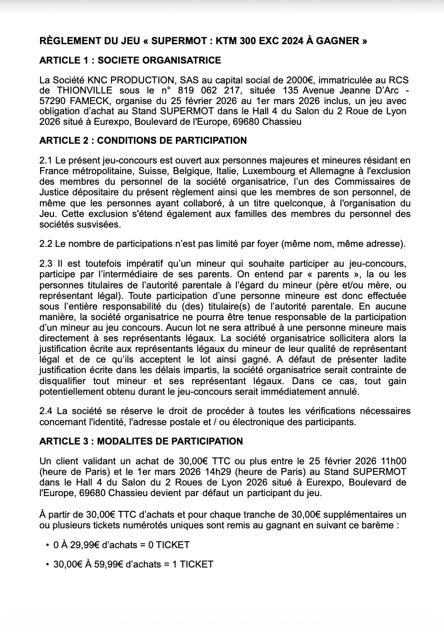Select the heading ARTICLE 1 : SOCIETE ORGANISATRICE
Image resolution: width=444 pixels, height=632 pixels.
tap(130, 60)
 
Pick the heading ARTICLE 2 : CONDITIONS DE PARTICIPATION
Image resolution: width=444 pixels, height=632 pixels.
tap(143, 140)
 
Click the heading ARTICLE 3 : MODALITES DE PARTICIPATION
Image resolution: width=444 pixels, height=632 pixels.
tap(141, 441)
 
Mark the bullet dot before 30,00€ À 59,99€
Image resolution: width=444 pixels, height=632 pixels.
tap(47, 564)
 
